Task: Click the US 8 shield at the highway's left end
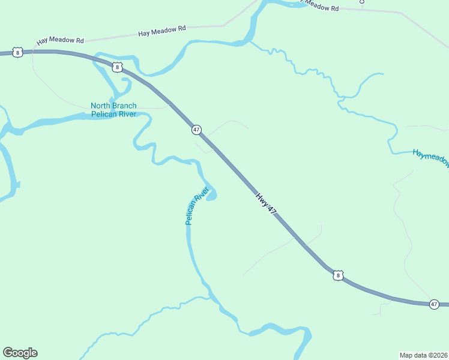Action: (x=19, y=53)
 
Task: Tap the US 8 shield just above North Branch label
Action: (x=117, y=67)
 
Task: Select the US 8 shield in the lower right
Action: (x=338, y=275)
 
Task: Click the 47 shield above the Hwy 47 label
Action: (x=196, y=130)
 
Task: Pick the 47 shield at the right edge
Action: (x=434, y=305)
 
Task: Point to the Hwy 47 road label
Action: (x=265, y=203)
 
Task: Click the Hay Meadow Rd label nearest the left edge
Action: (x=60, y=40)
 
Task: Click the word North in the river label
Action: (x=101, y=106)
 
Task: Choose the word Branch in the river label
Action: (x=125, y=106)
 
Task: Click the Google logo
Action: (x=20, y=353)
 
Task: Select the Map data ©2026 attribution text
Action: (x=423, y=355)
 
